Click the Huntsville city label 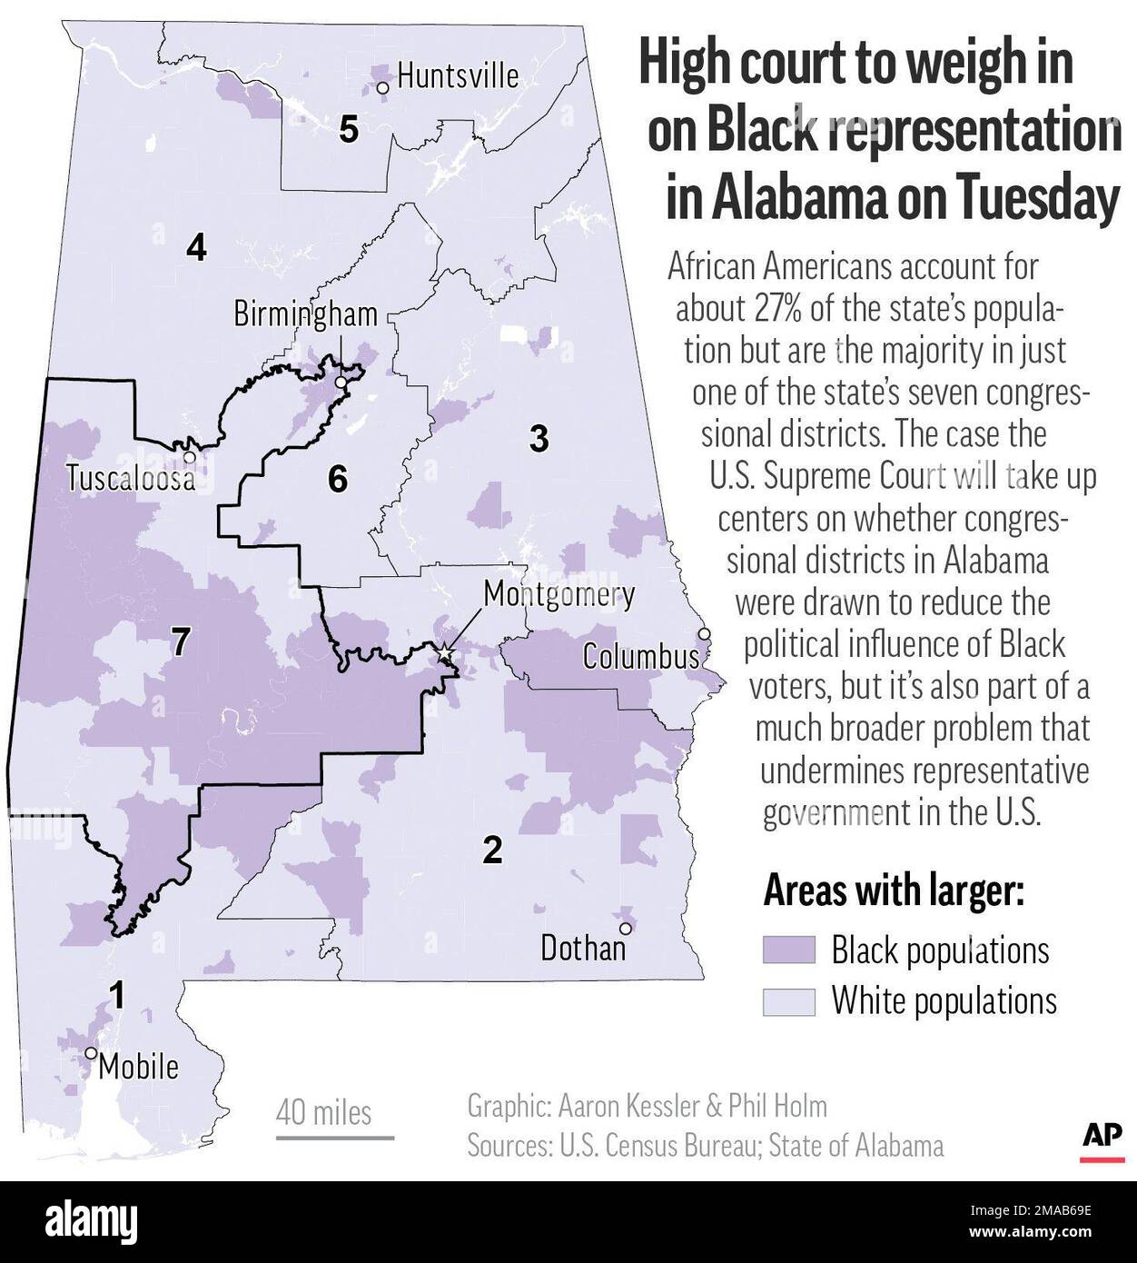pos(458,75)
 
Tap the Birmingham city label pos(305,314)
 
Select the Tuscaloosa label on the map pos(130,478)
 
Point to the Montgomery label pos(559,594)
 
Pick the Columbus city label pos(641,656)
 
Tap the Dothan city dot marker pos(626,928)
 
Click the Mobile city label pos(138,1066)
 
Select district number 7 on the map pos(181,642)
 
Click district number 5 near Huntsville pos(349,130)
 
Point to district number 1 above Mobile pos(117,996)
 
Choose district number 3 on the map pos(539,439)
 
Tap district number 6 pos(337,479)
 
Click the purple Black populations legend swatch pos(788,950)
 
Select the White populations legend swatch pos(788,1001)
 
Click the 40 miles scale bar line pos(335,1137)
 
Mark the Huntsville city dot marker pos(383,88)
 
